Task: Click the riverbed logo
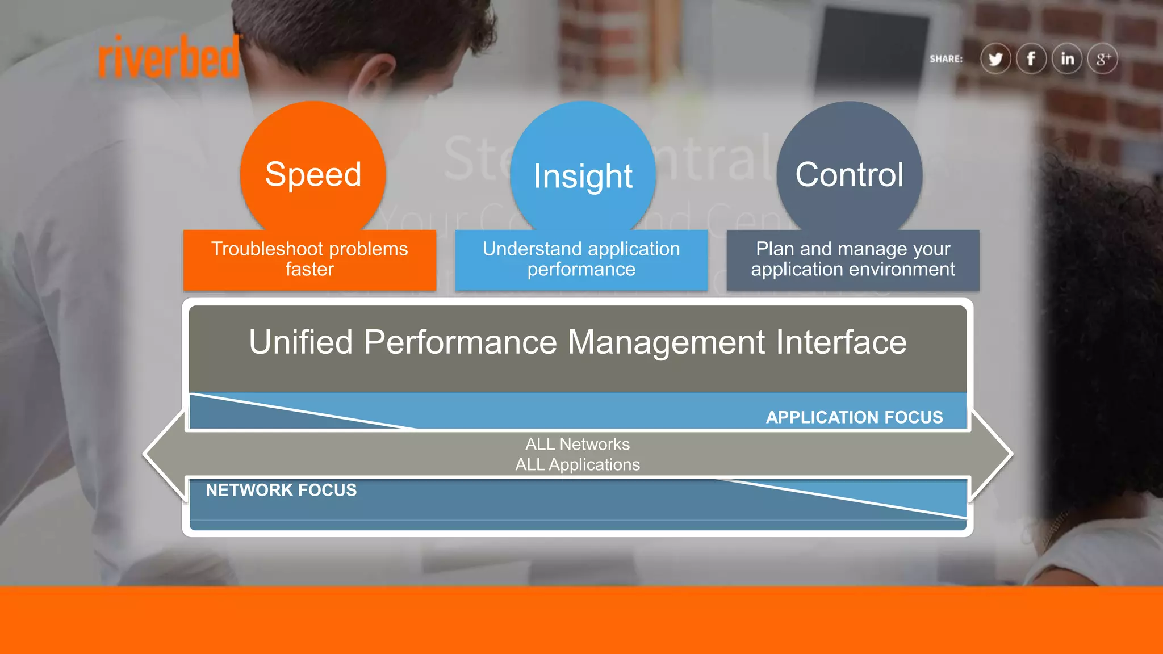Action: coord(169,57)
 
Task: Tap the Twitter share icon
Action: coord(995,59)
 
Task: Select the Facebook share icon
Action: coord(1031,58)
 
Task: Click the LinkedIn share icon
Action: coord(1067,58)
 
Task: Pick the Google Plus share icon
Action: coord(1103,58)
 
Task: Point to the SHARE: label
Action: coord(946,59)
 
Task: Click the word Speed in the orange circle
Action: coord(313,174)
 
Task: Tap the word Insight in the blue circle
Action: coord(583,177)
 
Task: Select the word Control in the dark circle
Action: coord(849,175)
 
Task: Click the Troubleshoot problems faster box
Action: coord(309,259)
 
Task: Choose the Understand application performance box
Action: coord(581,259)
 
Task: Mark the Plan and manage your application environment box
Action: coord(853,259)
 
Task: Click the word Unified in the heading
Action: coord(301,342)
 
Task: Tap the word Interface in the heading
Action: coord(841,342)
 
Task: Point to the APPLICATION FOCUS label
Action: coord(854,417)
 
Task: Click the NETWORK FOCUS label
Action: coord(281,490)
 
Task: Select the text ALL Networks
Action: coord(578,444)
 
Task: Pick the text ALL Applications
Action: coord(578,464)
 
